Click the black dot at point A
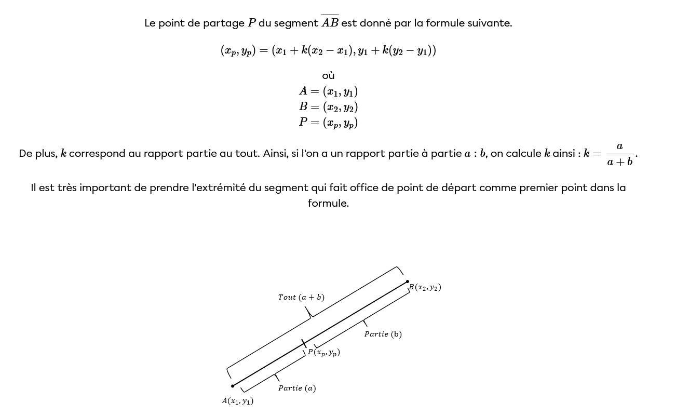[233, 386]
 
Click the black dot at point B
[408, 281]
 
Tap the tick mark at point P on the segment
[304, 343]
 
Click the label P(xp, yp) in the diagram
[323, 353]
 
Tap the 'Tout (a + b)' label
[301, 298]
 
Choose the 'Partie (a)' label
[297, 388]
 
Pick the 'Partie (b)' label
[383, 334]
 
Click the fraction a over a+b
[620, 154]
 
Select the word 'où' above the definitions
[328, 76]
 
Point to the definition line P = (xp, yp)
[328, 123]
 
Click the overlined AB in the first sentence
[330, 23]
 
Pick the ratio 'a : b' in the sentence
[475, 154]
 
